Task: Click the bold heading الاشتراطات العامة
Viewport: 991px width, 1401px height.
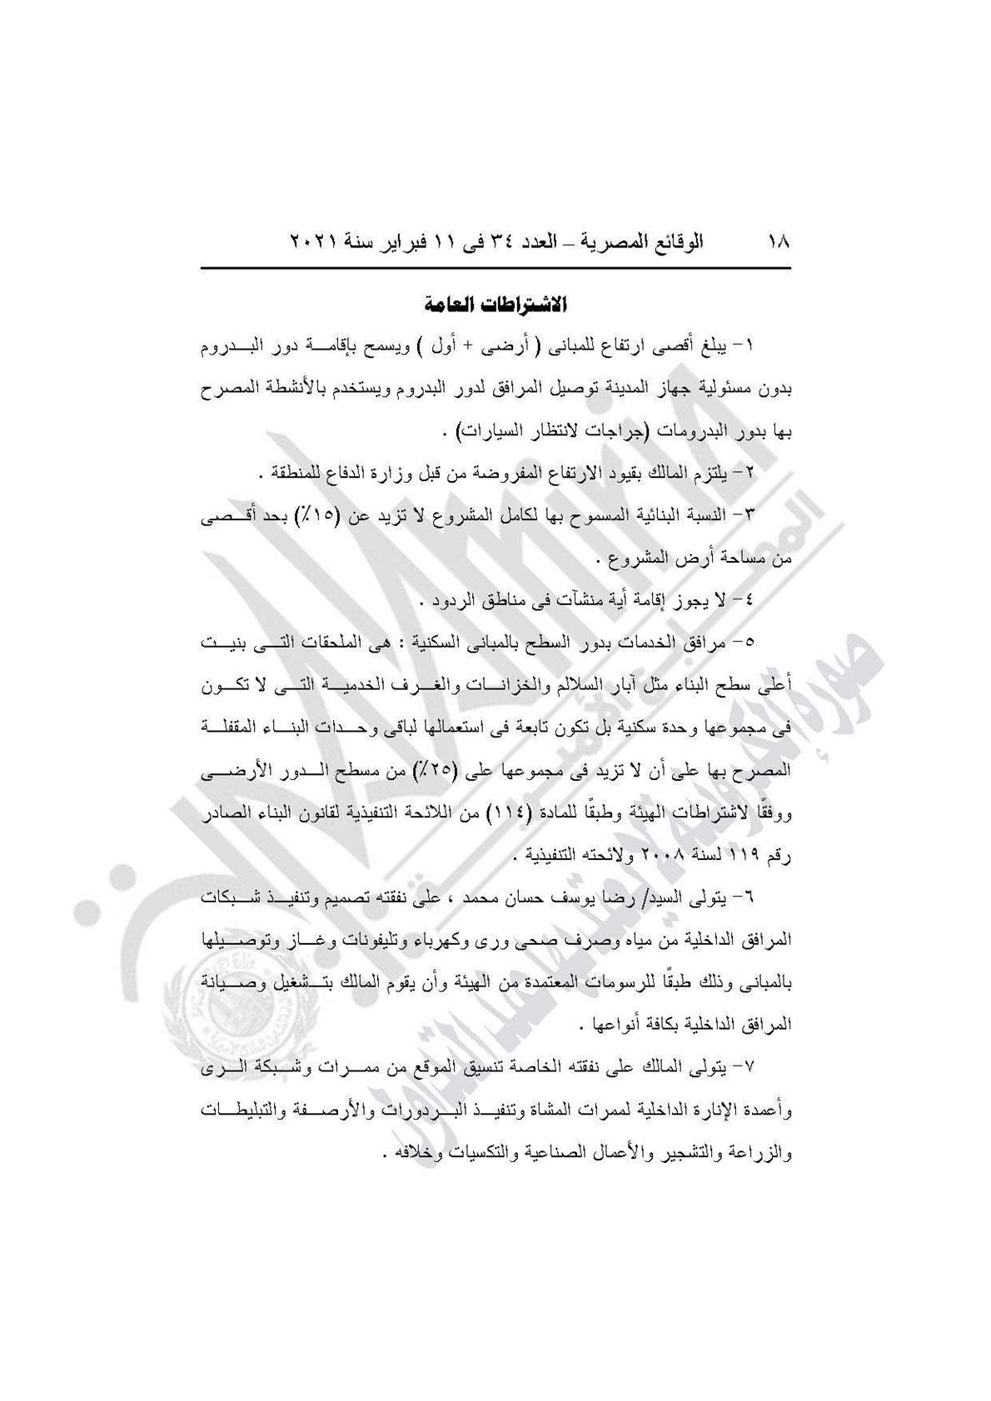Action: pos(495,304)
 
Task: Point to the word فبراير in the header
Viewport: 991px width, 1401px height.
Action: pos(417,242)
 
